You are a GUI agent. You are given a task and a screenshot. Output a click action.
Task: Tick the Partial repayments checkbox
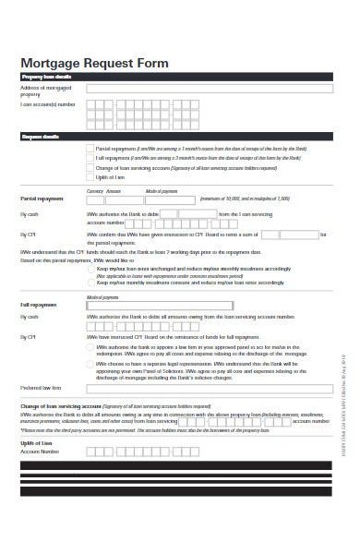[x=89, y=148]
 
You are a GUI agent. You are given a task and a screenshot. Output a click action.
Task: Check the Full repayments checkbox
[x=89, y=158]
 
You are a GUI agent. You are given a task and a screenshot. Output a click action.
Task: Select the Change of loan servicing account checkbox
[x=89, y=168]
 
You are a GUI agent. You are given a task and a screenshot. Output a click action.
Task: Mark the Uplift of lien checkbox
[x=89, y=177]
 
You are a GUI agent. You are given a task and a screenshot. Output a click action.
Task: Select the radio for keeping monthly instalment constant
[x=89, y=282]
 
